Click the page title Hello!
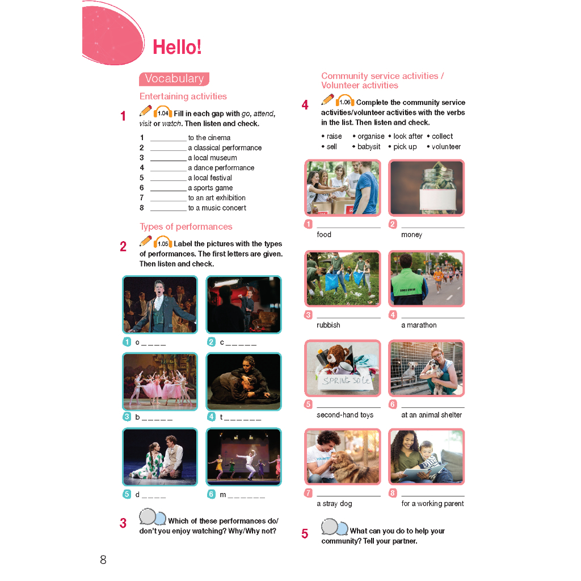pos(177,47)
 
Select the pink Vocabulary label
pos(174,79)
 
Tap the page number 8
pos(103,560)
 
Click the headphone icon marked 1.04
pos(163,112)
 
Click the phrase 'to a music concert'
pos(217,208)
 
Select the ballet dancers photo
pos(160,381)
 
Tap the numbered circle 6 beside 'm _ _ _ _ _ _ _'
pos(211,494)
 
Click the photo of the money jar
pos(426,188)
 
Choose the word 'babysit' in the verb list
pos(370,146)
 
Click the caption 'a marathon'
pos(419,325)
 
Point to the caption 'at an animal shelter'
pos(431,415)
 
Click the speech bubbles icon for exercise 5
pos(334,527)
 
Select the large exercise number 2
pos(123,247)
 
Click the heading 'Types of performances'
pos(186,227)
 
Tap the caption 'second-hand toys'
pos(345,415)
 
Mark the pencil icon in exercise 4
pos(327,100)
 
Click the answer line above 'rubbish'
pos(348,317)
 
